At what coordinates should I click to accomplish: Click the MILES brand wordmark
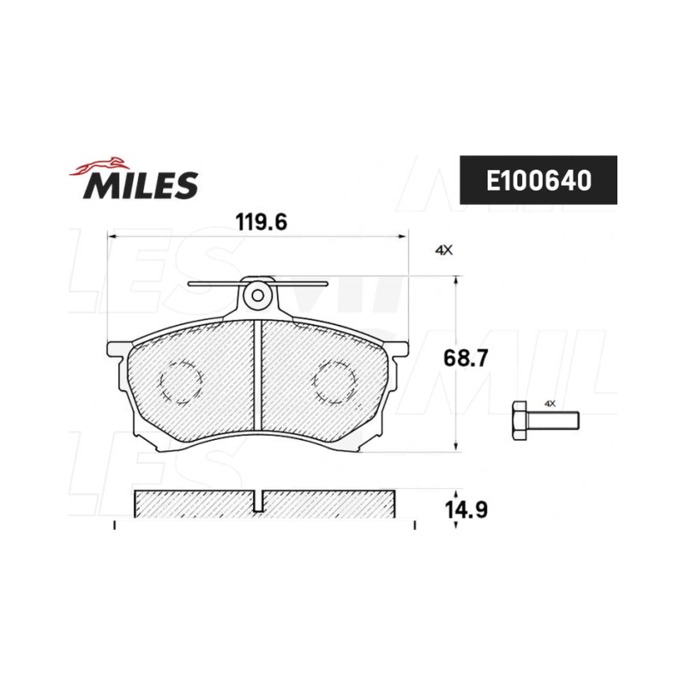click(141, 185)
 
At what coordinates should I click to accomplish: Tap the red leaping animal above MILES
click(99, 165)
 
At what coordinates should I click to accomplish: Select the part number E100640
click(539, 180)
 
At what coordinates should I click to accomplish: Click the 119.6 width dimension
click(262, 222)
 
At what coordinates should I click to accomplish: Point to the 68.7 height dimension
click(465, 358)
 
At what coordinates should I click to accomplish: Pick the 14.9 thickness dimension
click(466, 509)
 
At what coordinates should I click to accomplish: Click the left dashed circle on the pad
click(181, 382)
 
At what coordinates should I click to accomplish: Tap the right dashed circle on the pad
click(334, 382)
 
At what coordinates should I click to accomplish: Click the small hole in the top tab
click(258, 296)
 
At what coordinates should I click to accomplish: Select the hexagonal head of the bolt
click(520, 420)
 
